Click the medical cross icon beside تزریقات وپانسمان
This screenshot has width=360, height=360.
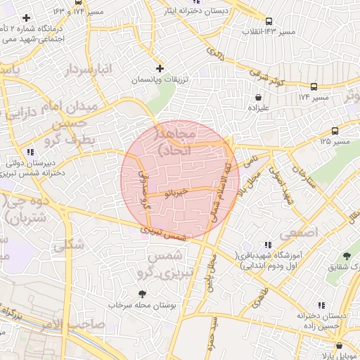160,69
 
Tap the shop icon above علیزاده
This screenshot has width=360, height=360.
259,97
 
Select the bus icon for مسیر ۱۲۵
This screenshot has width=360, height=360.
334,131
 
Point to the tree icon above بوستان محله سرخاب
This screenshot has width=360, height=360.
143,294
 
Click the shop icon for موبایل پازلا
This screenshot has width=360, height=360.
340,346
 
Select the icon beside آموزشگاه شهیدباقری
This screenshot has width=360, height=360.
266,243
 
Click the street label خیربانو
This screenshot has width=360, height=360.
174,191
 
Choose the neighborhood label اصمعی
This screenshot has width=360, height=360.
299,231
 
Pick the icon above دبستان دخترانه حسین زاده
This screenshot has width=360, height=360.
321,305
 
